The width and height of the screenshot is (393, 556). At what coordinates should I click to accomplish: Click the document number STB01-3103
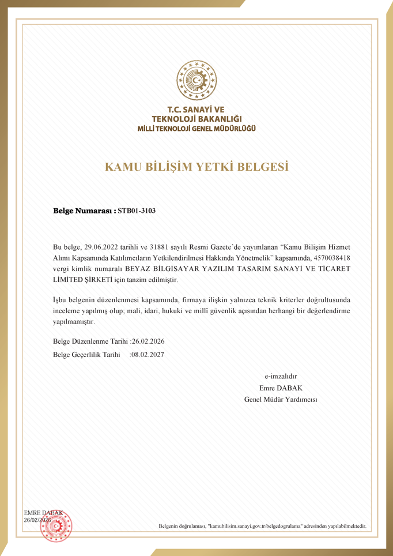(137, 211)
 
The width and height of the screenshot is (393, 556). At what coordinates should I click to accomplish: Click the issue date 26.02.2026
(149, 341)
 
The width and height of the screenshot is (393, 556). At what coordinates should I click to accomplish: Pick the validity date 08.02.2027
(148, 355)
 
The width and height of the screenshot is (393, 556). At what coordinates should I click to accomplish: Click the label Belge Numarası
(84, 211)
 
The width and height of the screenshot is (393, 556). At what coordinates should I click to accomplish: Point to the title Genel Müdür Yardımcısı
(281, 399)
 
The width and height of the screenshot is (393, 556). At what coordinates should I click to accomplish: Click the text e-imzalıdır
(281, 376)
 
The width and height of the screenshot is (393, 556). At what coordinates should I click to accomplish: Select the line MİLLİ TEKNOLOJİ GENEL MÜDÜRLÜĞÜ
(196, 128)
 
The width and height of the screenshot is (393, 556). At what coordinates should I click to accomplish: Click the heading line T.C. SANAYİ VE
(196, 109)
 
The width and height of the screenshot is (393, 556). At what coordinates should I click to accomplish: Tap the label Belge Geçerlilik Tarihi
(86, 355)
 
